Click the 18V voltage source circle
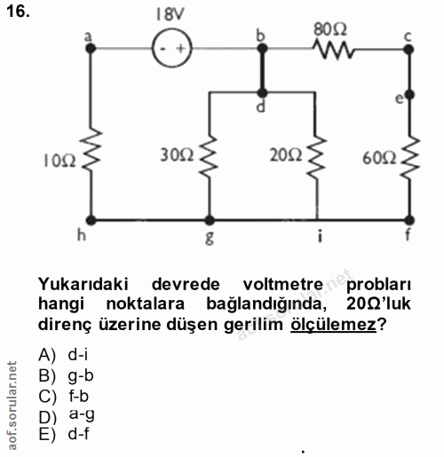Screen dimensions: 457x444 coord(171,49)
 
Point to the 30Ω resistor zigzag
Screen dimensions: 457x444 coord(210,157)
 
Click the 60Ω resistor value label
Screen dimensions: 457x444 coord(378,159)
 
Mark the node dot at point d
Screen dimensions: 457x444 coord(263,91)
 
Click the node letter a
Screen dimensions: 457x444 coord(87,36)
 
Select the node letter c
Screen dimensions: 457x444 coord(408,35)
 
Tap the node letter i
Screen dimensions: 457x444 coord(317,237)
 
